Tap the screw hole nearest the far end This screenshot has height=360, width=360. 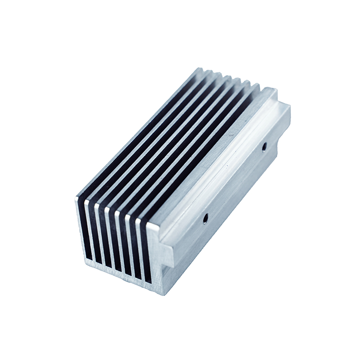(x=264, y=146)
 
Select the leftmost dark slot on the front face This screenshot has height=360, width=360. (x=86, y=232)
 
